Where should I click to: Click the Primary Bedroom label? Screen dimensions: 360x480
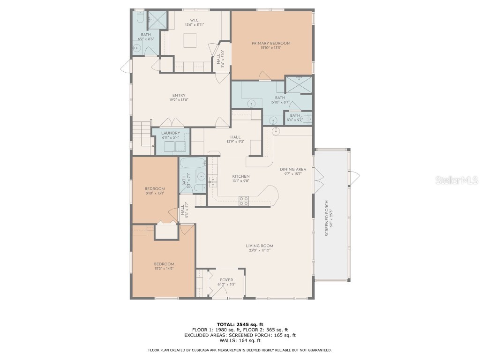(x=270, y=43)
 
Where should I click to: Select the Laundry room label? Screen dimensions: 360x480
(x=170, y=133)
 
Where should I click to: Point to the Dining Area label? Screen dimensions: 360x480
(x=293, y=169)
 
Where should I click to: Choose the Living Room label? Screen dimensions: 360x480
(x=259, y=246)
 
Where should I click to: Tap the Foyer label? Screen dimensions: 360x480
(x=226, y=280)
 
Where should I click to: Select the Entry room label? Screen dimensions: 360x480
(x=179, y=96)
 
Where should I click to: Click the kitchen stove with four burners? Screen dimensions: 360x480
(x=244, y=201)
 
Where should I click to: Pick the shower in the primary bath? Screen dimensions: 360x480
(x=298, y=84)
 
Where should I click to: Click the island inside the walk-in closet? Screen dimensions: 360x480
(x=190, y=41)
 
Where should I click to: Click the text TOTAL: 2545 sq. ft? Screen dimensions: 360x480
(x=240, y=324)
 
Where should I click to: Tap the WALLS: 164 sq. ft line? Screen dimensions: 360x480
(x=240, y=341)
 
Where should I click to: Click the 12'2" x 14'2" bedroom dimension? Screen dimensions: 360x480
(x=164, y=268)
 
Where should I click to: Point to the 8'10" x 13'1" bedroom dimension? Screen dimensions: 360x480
(x=155, y=193)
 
